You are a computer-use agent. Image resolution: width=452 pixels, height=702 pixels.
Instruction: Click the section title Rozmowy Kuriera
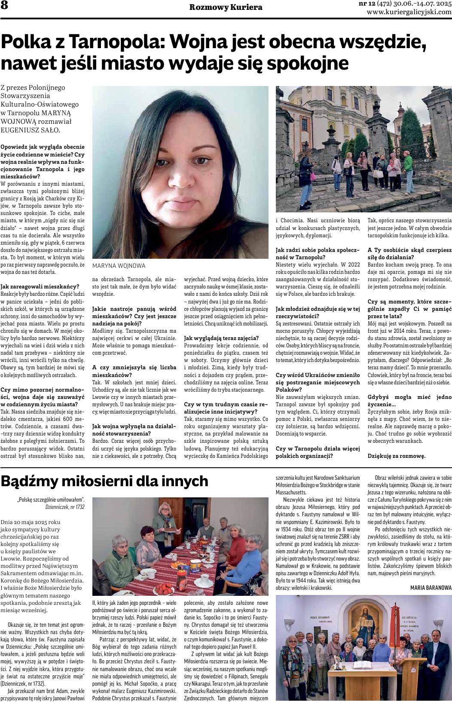coord(226,7)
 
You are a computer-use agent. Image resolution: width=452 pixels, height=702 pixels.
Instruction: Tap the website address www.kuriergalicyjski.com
coord(409,12)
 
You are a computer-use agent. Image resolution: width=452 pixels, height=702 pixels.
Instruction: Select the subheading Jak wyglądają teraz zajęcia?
coord(221,337)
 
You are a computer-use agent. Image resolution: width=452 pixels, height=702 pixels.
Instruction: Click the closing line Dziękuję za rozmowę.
coord(396,456)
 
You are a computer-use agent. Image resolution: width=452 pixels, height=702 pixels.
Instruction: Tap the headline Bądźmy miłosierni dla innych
coord(104,481)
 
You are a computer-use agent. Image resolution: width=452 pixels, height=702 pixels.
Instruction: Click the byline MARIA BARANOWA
coord(431,587)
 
